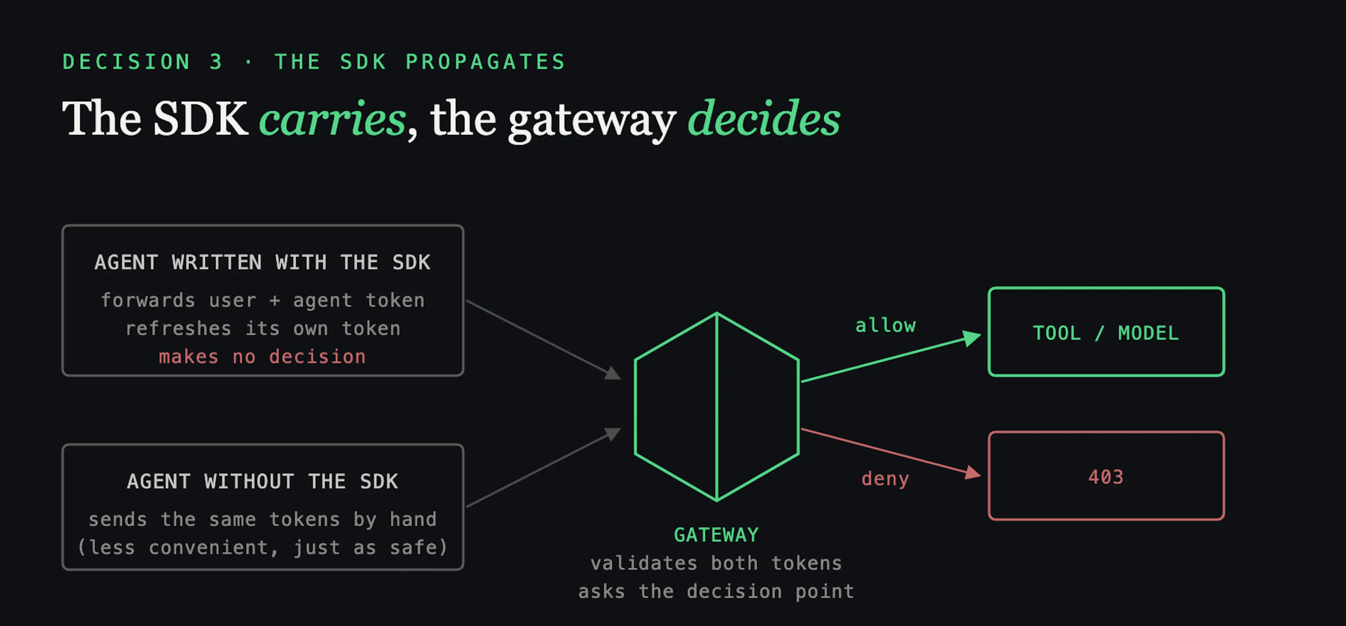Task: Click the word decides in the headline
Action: pyautogui.click(x=764, y=118)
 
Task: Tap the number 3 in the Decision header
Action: pyautogui.click(x=216, y=62)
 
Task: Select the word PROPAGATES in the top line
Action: pyautogui.click(x=486, y=62)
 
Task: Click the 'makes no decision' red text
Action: pyautogui.click(x=262, y=356)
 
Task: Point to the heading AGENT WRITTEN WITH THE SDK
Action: pyautogui.click(x=262, y=262)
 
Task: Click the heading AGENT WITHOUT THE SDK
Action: pyautogui.click(x=262, y=481)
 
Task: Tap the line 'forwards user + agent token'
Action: pyautogui.click(x=262, y=300)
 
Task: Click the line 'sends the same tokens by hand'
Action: pyautogui.click(x=262, y=519)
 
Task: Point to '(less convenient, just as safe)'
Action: pyautogui.click(x=262, y=547)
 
